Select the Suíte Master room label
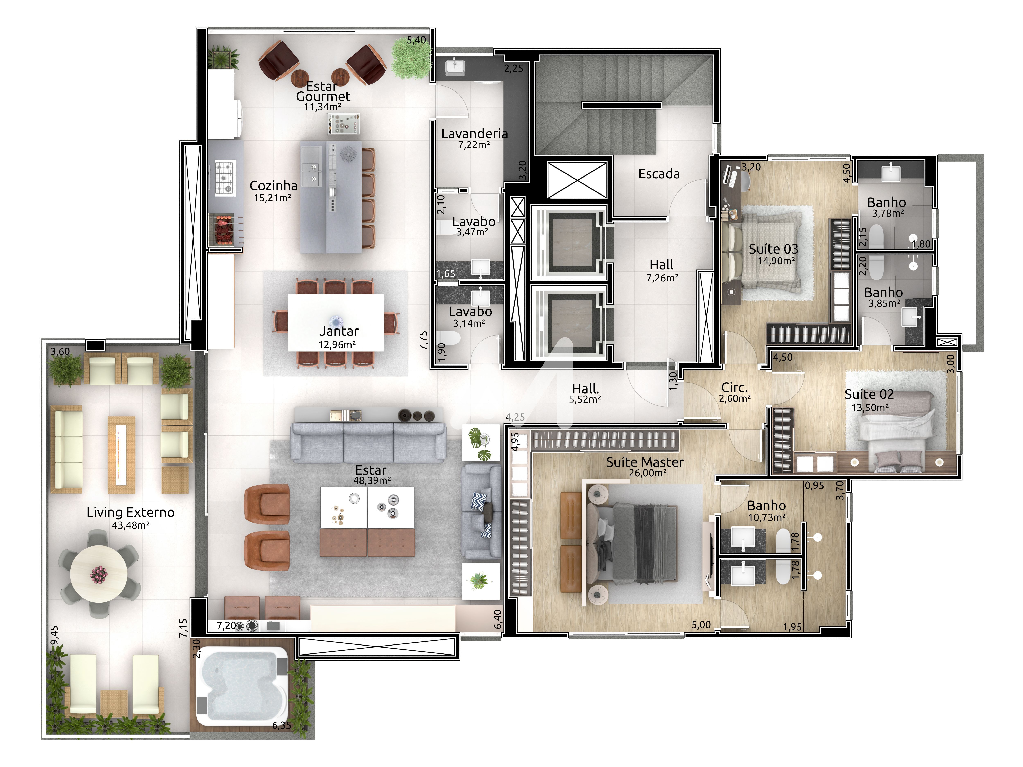tap(645, 462)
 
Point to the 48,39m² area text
tap(372, 480)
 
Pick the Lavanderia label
tap(474, 134)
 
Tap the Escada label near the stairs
tap(659, 174)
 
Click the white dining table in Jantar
tap(336, 322)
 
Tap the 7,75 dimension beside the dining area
tap(424, 340)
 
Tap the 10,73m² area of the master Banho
tap(767, 518)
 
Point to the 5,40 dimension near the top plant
tap(416, 40)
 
